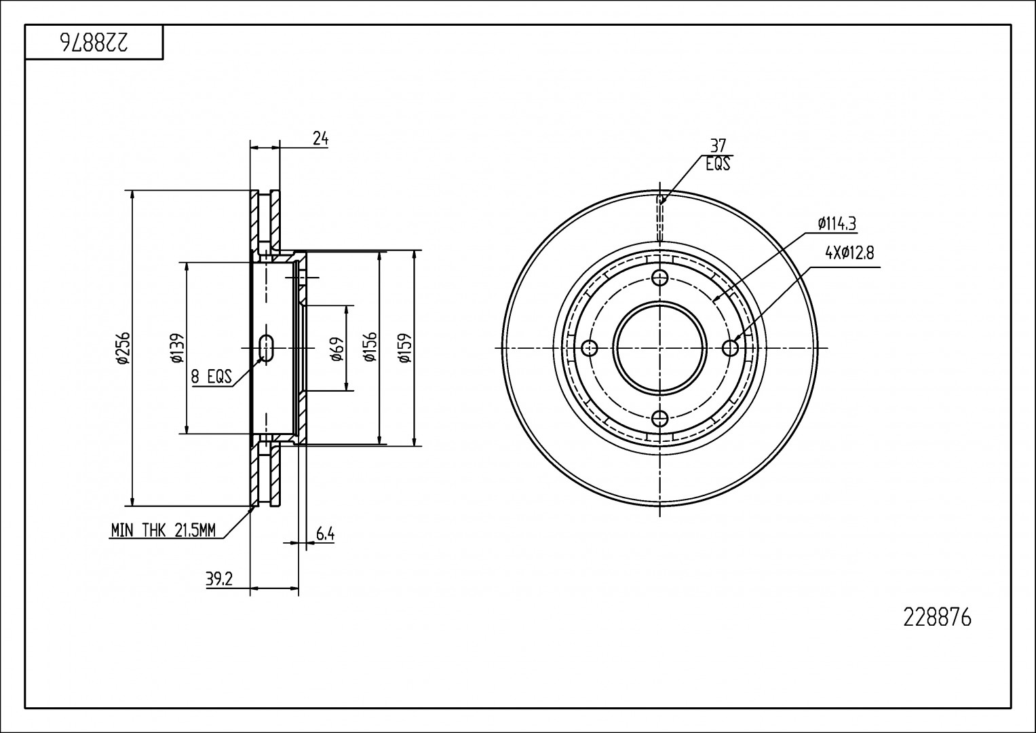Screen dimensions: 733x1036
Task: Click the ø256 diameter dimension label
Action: coord(123,348)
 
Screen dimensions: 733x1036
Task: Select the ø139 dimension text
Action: coord(177,348)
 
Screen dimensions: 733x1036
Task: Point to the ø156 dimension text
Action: coord(370,348)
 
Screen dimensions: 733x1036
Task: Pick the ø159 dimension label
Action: coord(405,348)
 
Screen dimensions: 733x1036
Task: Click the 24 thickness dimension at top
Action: coord(321,138)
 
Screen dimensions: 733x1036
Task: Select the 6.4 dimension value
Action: coord(325,535)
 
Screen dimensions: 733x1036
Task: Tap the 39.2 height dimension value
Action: coord(219,579)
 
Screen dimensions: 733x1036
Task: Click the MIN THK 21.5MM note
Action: coord(163,531)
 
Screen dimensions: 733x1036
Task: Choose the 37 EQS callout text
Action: coord(718,155)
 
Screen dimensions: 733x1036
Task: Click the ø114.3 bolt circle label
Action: coord(837,223)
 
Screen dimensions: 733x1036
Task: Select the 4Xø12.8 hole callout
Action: coord(849,253)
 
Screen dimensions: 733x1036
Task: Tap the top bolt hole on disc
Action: coord(659,277)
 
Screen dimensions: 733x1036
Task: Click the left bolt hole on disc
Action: coord(590,348)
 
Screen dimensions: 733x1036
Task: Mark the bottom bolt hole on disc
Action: coord(659,419)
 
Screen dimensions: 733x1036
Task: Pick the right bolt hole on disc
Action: coord(730,348)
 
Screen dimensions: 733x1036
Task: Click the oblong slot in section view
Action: coord(267,348)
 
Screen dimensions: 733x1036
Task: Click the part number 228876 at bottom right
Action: coord(938,618)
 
